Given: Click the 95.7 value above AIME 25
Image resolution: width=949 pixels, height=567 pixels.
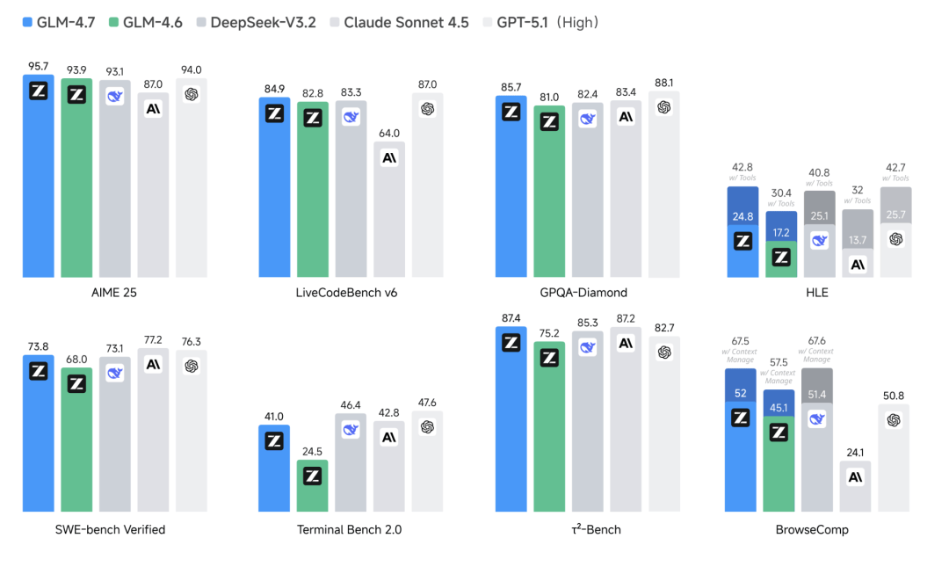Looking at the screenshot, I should pyautogui.click(x=38, y=66).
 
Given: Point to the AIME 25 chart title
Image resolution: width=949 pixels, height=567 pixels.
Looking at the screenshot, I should pyautogui.click(x=114, y=292).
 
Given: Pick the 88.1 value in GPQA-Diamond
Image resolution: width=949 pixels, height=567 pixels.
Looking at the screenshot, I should pyautogui.click(x=664, y=84).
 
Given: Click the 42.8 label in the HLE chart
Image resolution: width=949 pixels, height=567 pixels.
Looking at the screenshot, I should pyautogui.click(x=743, y=167).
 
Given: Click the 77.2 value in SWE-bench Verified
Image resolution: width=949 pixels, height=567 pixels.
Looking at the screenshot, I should pyautogui.click(x=153, y=338).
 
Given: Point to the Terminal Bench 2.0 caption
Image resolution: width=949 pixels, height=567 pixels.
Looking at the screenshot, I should pyautogui.click(x=351, y=529).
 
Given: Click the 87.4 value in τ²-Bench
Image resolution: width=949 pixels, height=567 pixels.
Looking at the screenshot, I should pyautogui.click(x=511, y=317).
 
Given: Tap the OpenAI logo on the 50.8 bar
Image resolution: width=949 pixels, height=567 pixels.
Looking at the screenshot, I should pyautogui.click(x=894, y=420).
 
